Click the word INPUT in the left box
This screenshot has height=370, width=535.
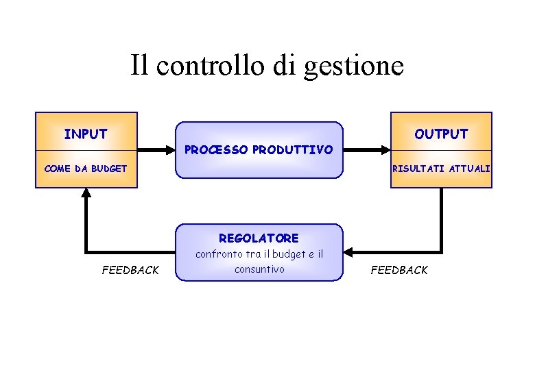pos(86,134)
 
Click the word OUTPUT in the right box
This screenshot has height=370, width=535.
pos(441,134)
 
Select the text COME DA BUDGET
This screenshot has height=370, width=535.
pos(85,168)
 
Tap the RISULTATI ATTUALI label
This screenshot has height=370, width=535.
pos(441,168)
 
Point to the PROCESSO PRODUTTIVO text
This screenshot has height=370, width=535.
pos(259,149)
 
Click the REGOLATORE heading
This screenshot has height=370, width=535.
pos(259,238)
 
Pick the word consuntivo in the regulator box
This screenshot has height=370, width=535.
pos(259,269)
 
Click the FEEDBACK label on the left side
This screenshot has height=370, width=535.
pos(130,270)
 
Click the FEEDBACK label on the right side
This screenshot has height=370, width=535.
pos(399,270)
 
